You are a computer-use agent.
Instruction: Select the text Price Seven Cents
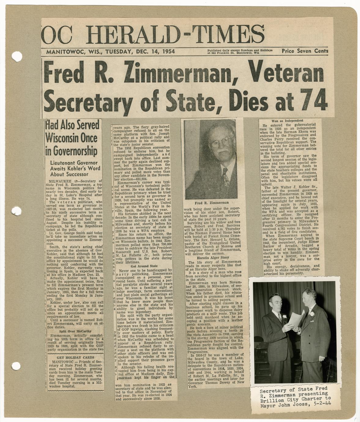305,51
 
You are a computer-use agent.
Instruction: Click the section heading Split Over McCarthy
75,331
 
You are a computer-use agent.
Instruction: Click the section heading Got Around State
144,266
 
